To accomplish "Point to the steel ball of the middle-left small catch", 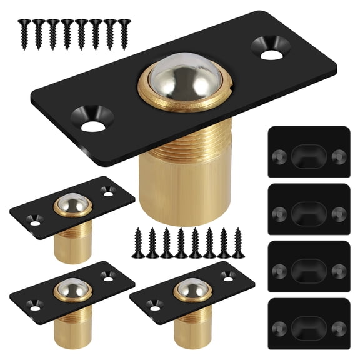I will (x=72, y=203).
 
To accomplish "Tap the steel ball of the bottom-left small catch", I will (x=71, y=289).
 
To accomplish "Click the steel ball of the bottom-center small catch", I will (x=191, y=289).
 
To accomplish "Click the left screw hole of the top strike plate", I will (x=279, y=155).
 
